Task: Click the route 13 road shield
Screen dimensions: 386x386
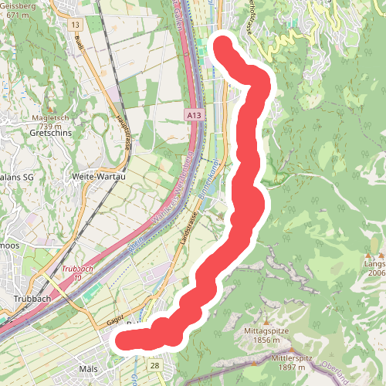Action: point(75,25)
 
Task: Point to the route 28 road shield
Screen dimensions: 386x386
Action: point(155,365)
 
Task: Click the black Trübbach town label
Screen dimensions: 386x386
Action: point(32,297)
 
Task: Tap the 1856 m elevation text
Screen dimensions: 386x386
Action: point(266,340)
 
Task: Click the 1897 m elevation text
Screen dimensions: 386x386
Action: point(293,369)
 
